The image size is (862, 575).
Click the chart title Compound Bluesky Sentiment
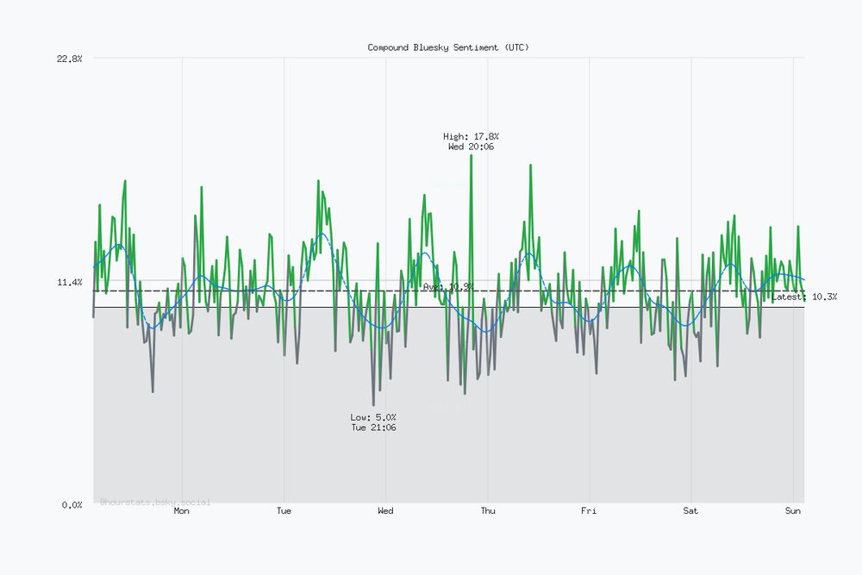tap(448, 47)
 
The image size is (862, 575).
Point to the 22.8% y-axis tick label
tap(69, 59)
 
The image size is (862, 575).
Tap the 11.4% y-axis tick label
tap(69, 282)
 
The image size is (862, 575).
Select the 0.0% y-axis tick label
tap(71, 504)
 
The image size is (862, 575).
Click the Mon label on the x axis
tap(182, 511)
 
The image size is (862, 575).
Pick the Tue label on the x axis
tap(284, 511)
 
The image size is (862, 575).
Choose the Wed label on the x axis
tap(385, 511)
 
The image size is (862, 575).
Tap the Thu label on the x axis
tap(488, 511)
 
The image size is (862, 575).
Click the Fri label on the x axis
tap(589, 511)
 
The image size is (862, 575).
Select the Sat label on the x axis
tap(690, 511)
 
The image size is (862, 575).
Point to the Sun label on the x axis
tap(793, 511)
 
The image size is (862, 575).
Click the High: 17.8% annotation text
tap(471, 136)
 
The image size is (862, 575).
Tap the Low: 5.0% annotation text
tap(373, 417)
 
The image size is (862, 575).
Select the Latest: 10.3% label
tap(804, 297)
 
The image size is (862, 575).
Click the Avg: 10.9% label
tap(448, 286)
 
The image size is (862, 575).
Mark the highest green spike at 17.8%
tap(471, 156)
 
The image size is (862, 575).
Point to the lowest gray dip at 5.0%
tap(373, 404)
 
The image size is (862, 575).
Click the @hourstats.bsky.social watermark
tap(155, 502)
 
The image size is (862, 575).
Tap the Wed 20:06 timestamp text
tap(471, 147)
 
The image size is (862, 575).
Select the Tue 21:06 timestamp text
tap(373, 428)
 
